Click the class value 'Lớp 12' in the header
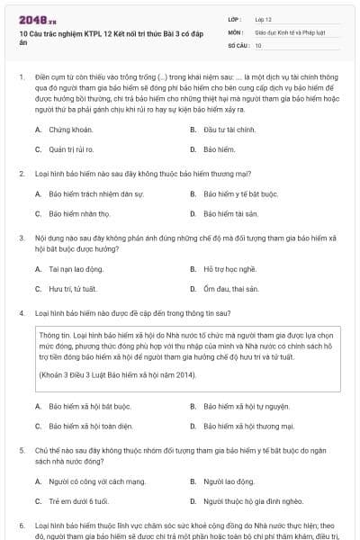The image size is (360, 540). (x=265, y=18)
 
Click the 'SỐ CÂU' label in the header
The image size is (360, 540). (x=237, y=44)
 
